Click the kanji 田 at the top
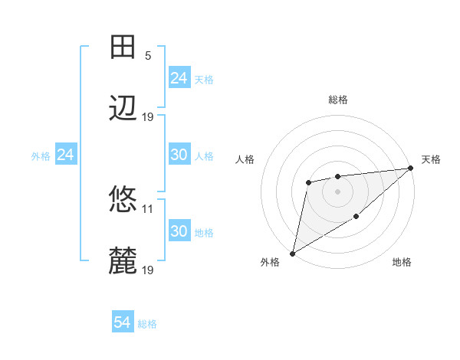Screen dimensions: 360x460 [123, 47]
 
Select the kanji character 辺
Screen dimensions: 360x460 [123, 109]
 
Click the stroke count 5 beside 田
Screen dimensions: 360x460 [148, 55]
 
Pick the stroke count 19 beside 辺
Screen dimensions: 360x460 [148, 116]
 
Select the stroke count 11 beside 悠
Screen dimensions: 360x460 [148, 208]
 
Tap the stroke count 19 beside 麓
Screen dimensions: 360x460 [148, 270]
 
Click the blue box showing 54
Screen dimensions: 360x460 [123, 323]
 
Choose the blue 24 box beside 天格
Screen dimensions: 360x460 [179, 78]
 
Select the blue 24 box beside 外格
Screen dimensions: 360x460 [66, 155]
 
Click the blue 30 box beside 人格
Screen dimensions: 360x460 [179, 155]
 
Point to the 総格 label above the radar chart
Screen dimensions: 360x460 [338, 100]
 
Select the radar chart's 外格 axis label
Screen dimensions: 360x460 [270, 263]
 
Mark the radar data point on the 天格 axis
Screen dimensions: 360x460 [411, 169]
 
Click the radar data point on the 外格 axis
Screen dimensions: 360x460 [292, 253]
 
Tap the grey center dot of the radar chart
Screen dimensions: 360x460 [338, 191]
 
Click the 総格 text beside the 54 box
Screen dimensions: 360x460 [147, 324]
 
